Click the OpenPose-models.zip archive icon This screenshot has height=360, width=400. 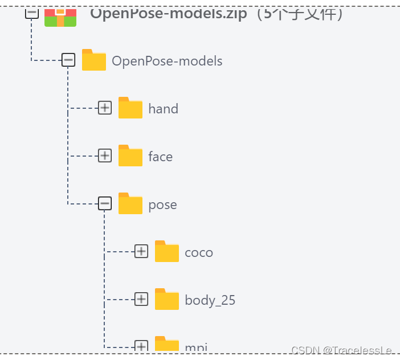click(60, 17)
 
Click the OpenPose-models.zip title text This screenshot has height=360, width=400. click(169, 14)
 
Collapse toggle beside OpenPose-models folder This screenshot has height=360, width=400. click(68, 60)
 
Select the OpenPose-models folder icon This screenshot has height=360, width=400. click(94, 60)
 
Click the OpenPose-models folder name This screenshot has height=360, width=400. click(167, 61)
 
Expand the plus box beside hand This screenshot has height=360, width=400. click(105, 108)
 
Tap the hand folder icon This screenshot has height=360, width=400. click(130, 108)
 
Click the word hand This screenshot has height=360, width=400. click(163, 109)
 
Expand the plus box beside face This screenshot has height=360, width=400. click(105, 156)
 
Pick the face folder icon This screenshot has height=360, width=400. click(130, 156)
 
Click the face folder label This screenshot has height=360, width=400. click(160, 157)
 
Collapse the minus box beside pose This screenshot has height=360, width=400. click(105, 203)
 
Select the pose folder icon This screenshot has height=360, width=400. click(130, 204)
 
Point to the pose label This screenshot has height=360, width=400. click(162, 205)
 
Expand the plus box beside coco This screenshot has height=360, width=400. click(141, 251)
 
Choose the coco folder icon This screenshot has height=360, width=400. click(167, 252)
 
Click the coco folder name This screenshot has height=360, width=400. click(199, 252)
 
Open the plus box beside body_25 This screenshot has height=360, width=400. click(141, 299)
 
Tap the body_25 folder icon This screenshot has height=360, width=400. click(167, 300)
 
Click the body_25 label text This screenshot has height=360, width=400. click(210, 300)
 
